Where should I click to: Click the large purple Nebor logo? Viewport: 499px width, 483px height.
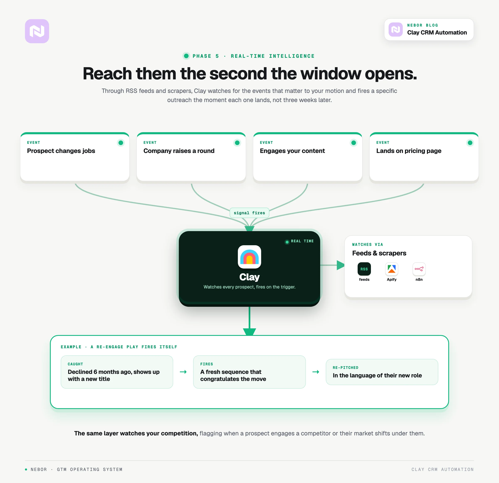[x=37, y=31]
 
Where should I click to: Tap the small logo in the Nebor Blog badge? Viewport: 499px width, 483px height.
[x=395, y=30]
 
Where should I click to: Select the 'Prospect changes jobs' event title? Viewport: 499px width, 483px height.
[x=61, y=151]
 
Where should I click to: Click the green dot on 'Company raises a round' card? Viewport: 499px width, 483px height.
[x=237, y=143]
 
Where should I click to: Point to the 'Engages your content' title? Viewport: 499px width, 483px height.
[x=292, y=151]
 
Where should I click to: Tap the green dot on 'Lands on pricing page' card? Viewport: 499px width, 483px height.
[x=470, y=143]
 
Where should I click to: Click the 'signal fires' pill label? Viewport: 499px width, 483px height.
[x=249, y=213]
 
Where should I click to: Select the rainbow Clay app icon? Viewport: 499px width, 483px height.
[x=249, y=257]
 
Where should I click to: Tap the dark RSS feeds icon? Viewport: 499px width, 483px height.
[x=364, y=269]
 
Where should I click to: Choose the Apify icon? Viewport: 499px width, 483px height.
[x=392, y=269]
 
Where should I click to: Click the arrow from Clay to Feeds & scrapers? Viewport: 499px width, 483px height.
[x=332, y=265]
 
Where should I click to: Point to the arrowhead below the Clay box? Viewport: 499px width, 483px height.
[x=249, y=332]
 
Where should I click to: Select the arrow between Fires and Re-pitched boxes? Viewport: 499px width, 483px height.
[x=316, y=372]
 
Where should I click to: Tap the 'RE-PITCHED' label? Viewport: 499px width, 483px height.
[x=346, y=367]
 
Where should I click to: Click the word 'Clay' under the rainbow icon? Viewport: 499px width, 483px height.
[x=249, y=277]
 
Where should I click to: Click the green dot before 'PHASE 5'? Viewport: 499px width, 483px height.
[x=186, y=56]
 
